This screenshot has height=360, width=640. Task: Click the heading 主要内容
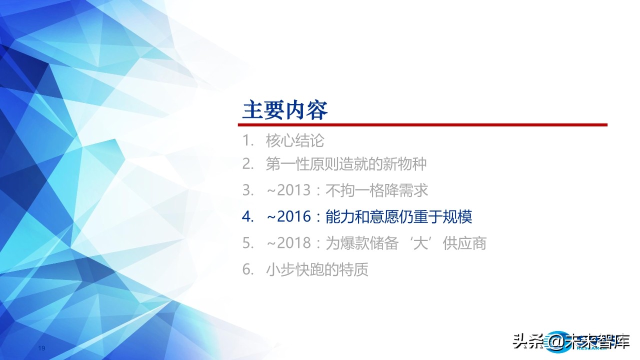pos(285,110)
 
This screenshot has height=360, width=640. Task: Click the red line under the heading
pos(424,125)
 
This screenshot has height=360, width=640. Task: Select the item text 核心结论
pos(295,141)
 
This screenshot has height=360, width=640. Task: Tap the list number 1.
pos(247,141)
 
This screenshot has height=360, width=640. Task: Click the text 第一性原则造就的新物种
pos(346,163)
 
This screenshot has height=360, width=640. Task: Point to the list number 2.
pos(247,163)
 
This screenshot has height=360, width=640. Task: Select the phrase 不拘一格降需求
pos(377,190)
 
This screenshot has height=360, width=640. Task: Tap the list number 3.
pos(247,190)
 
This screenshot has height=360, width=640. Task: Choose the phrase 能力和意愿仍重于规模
pos(398,217)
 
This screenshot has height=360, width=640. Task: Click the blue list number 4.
pos(247,217)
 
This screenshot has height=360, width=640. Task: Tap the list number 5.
pos(247,243)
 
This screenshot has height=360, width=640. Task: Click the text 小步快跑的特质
pos(317,270)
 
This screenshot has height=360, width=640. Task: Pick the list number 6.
pos(247,270)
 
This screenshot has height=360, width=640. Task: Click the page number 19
pos(42,348)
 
